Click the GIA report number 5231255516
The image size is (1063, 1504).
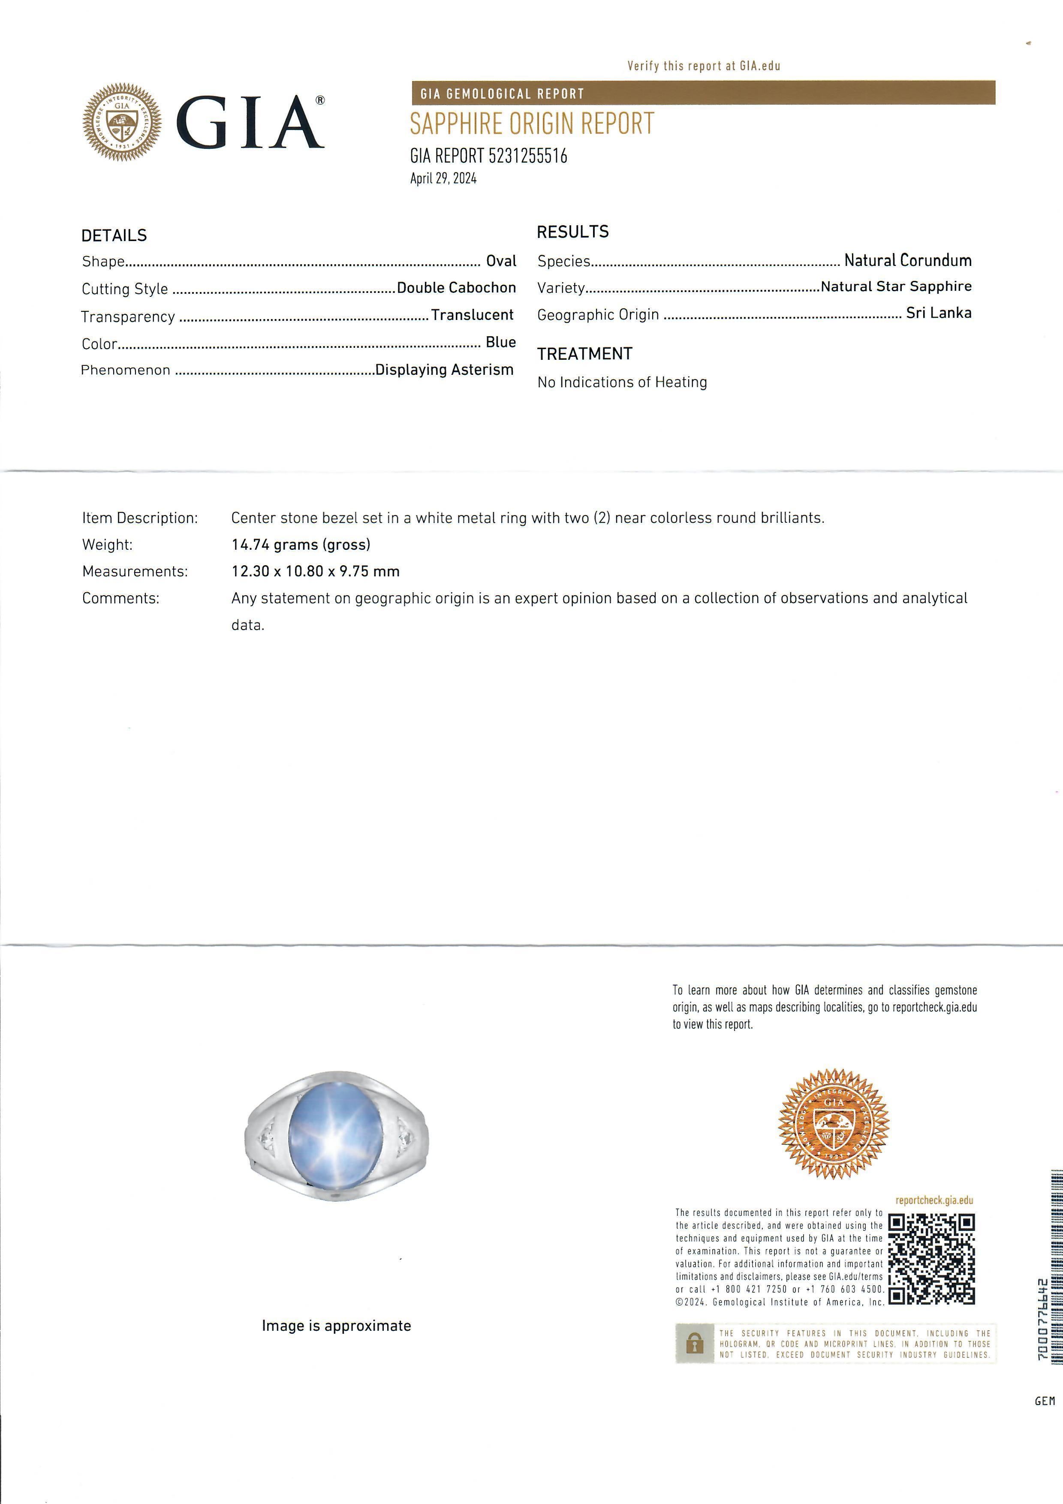pos(488,156)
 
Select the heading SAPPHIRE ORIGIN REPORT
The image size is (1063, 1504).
pos(532,124)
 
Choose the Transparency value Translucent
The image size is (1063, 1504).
pos(472,315)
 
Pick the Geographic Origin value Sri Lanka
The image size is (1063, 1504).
pos(939,313)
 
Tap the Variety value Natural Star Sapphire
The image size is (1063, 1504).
pos(896,286)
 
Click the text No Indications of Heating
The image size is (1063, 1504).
pos(622,382)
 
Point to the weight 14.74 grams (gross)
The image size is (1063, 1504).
pos(301,544)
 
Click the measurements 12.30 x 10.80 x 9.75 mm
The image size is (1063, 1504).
pos(316,571)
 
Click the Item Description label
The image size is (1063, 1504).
pos(139,518)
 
